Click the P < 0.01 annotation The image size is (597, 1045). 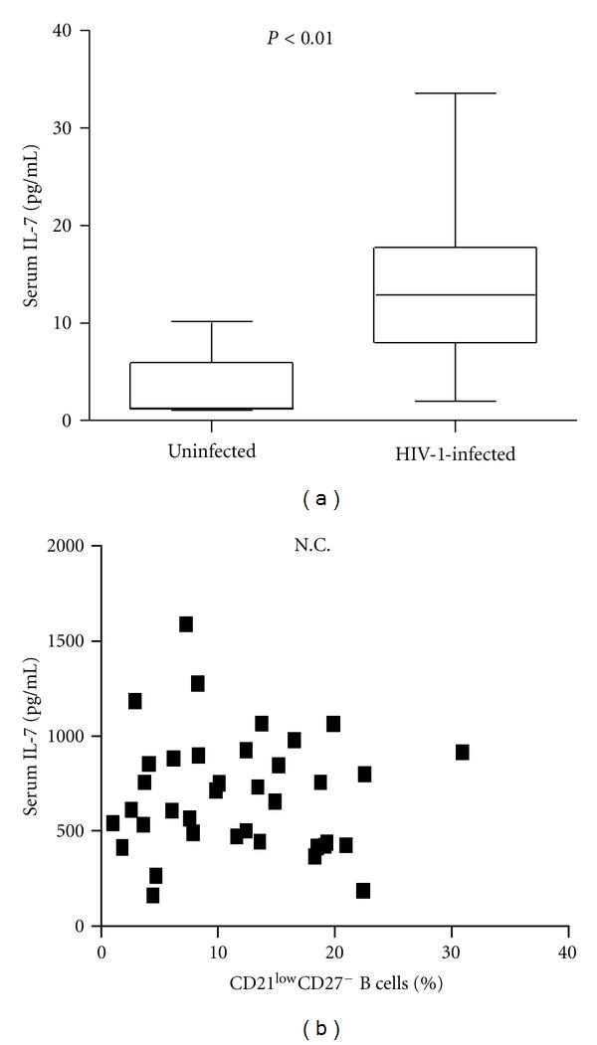333,40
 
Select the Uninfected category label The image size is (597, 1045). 212,451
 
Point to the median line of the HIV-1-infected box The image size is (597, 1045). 455,295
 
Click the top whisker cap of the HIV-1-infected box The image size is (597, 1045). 455,93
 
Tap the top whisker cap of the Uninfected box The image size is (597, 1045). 212,321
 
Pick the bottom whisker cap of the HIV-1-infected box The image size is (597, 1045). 455,401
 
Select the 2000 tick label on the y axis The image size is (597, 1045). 71,546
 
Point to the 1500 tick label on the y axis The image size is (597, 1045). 71,641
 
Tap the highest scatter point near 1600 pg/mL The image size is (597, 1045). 186,624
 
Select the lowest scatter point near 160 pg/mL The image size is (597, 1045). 152,895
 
